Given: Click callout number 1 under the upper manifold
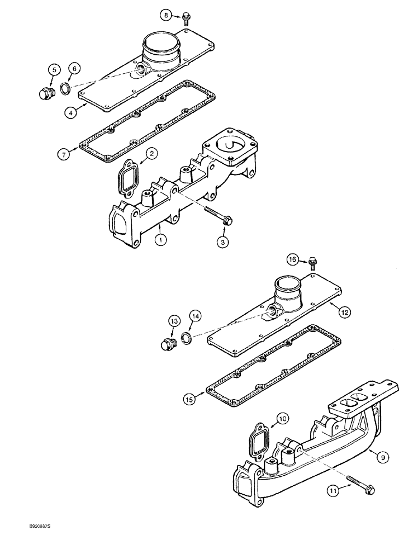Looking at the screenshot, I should click(x=161, y=240).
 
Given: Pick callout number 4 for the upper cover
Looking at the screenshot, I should click(x=70, y=112).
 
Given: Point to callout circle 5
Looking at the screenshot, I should click(x=54, y=70).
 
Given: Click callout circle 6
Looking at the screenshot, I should click(x=74, y=68).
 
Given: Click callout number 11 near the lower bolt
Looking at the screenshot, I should click(x=334, y=491).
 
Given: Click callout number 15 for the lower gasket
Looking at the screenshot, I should click(x=189, y=399).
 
